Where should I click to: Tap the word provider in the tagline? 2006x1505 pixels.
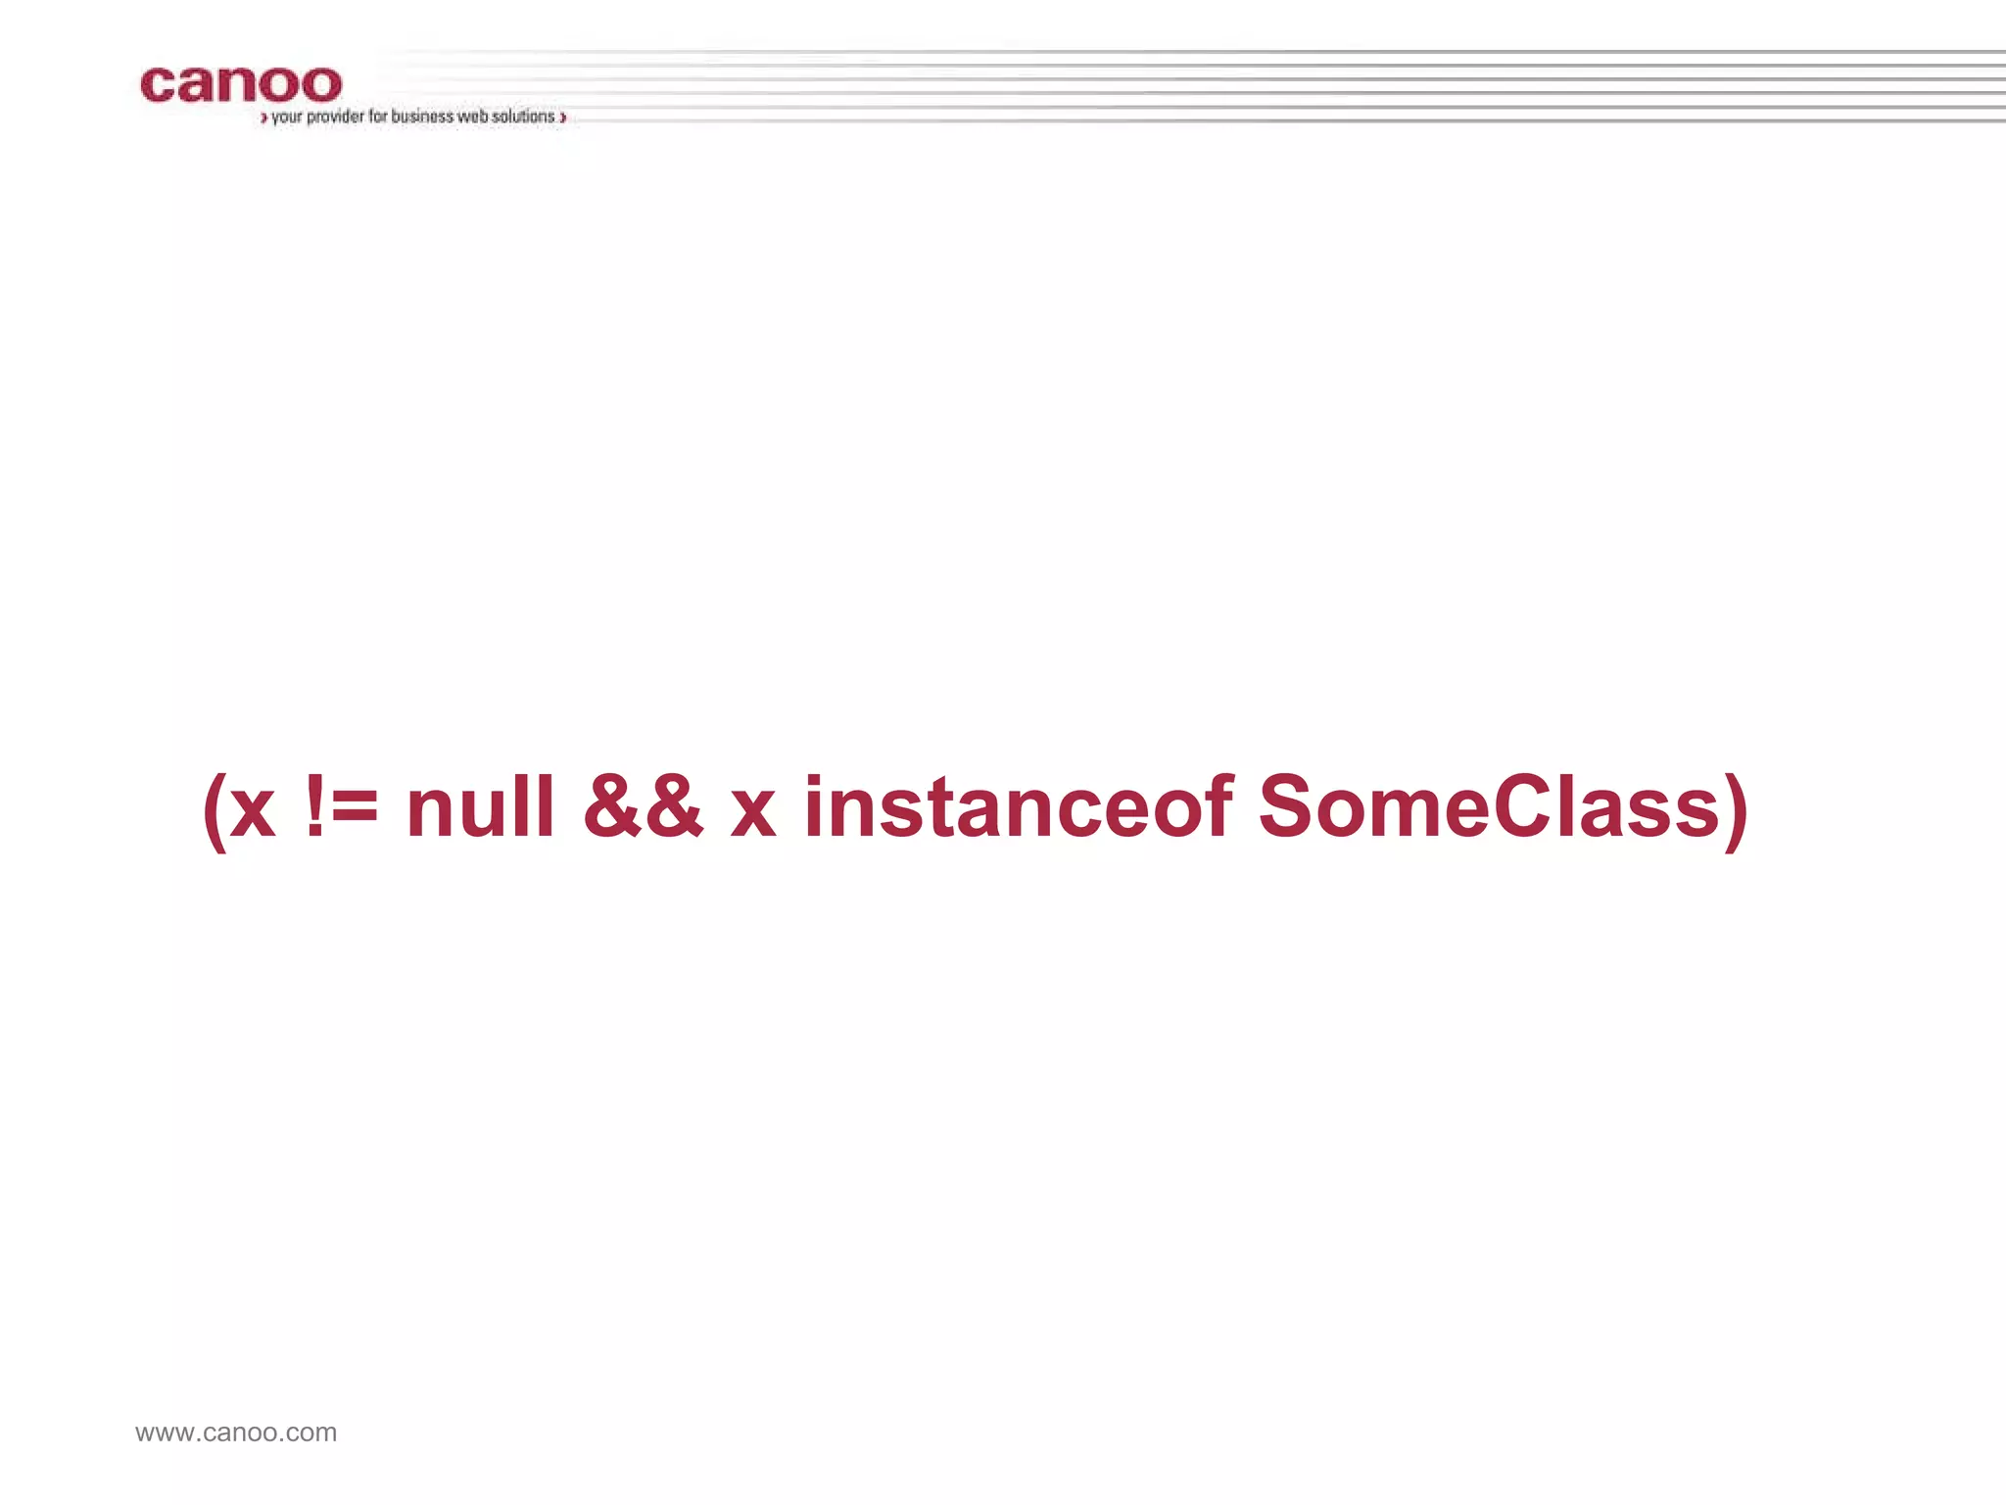point(335,117)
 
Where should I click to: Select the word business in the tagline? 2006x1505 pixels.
point(422,117)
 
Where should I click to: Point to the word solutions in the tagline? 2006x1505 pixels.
point(523,117)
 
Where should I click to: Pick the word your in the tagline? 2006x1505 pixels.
point(287,117)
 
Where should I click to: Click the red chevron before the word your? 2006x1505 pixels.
point(263,119)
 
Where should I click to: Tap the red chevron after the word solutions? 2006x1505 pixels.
point(563,119)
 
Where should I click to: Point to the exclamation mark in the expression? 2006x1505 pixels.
point(314,806)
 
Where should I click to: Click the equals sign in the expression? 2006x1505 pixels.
point(356,809)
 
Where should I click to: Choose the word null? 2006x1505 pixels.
point(480,806)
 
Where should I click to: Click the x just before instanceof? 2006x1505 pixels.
point(753,811)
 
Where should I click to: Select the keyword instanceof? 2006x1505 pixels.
point(1018,806)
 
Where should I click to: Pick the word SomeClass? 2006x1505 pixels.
point(1489,806)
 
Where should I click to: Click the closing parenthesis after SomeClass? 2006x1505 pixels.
point(1736,809)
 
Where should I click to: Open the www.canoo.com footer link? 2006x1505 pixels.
point(236,1432)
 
